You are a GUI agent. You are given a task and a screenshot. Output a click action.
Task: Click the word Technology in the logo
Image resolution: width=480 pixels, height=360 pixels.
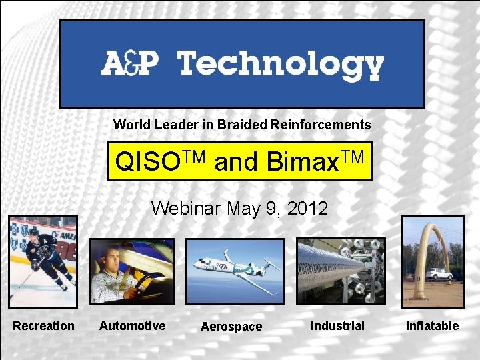tap(281, 65)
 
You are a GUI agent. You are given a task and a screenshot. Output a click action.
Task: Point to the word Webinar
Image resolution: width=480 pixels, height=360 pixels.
tap(186, 209)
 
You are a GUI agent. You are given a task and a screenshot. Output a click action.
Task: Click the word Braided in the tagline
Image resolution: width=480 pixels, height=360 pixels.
tap(239, 125)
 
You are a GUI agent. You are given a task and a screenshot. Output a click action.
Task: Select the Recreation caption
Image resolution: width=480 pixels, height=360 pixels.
tap(44, 326)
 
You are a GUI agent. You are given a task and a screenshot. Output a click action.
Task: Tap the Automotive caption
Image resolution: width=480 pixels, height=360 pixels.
tap(132, 326)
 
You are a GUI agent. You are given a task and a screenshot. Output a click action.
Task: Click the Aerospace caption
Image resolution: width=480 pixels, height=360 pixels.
tap(231, 327)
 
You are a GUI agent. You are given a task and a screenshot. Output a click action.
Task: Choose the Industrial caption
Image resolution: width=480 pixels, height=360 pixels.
tap(337, 326)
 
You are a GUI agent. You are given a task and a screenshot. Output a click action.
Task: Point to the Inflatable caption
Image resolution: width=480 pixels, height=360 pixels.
tap(432, 326)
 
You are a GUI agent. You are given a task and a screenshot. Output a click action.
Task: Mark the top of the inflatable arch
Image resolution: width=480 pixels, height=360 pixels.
tap(437, 225)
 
